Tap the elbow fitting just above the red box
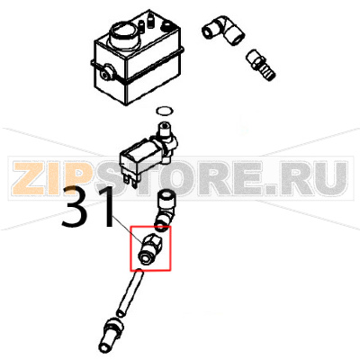pos(167,207)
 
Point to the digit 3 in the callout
pos(76,212)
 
